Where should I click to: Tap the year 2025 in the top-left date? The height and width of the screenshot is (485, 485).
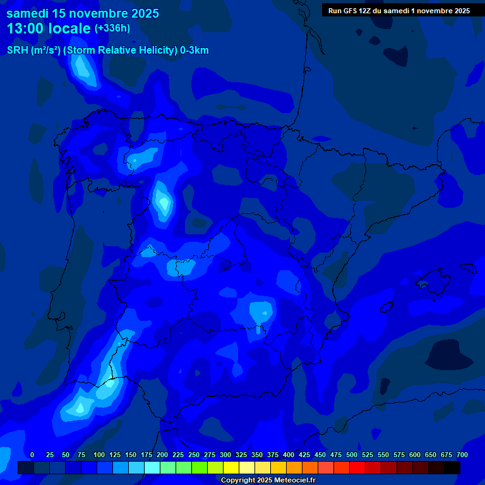[x=145, y=13]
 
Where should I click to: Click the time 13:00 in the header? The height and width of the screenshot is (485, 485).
[x=25, y=29]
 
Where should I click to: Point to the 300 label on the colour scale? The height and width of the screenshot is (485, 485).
[x=225, y=455]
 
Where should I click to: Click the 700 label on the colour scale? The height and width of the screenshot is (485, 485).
[x=462, y=455]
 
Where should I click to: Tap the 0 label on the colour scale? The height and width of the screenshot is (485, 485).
[x=32, y=455]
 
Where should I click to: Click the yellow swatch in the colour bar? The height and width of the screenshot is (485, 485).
[x=231, y=468]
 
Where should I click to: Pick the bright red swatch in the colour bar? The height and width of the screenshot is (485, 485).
[x=357, y=468]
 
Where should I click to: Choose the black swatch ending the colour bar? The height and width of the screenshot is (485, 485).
[x=452, y=468]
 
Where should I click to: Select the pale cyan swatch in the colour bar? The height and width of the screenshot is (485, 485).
[x=152, y=468]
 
